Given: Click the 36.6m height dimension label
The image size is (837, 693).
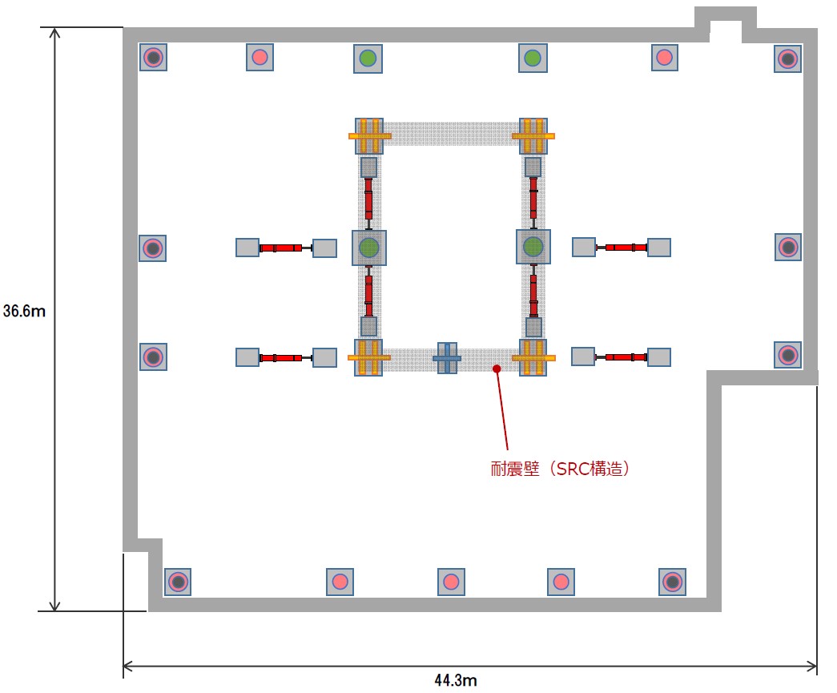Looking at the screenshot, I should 24,311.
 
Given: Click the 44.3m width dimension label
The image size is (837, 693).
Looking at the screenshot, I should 456,681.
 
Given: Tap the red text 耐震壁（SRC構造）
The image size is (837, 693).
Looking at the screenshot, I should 560,469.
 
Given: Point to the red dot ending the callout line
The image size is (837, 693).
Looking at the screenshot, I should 497,369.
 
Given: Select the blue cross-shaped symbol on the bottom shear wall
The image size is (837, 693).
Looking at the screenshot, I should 447,358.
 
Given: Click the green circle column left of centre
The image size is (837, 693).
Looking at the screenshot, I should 368,248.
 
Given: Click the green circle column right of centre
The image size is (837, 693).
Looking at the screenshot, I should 533,247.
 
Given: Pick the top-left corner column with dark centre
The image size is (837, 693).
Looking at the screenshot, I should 153,57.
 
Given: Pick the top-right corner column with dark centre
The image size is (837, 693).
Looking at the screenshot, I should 788,58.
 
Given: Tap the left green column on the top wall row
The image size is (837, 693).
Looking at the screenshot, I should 368,58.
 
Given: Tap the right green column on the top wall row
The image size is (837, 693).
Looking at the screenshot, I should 532,58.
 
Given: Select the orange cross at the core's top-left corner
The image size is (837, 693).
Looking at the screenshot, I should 369,136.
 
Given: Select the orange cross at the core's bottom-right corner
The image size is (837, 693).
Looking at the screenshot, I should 533,357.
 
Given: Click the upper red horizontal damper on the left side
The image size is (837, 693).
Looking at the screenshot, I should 280,248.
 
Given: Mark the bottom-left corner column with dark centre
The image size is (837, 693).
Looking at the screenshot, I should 178,582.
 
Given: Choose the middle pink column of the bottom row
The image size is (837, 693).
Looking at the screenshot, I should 451,582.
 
